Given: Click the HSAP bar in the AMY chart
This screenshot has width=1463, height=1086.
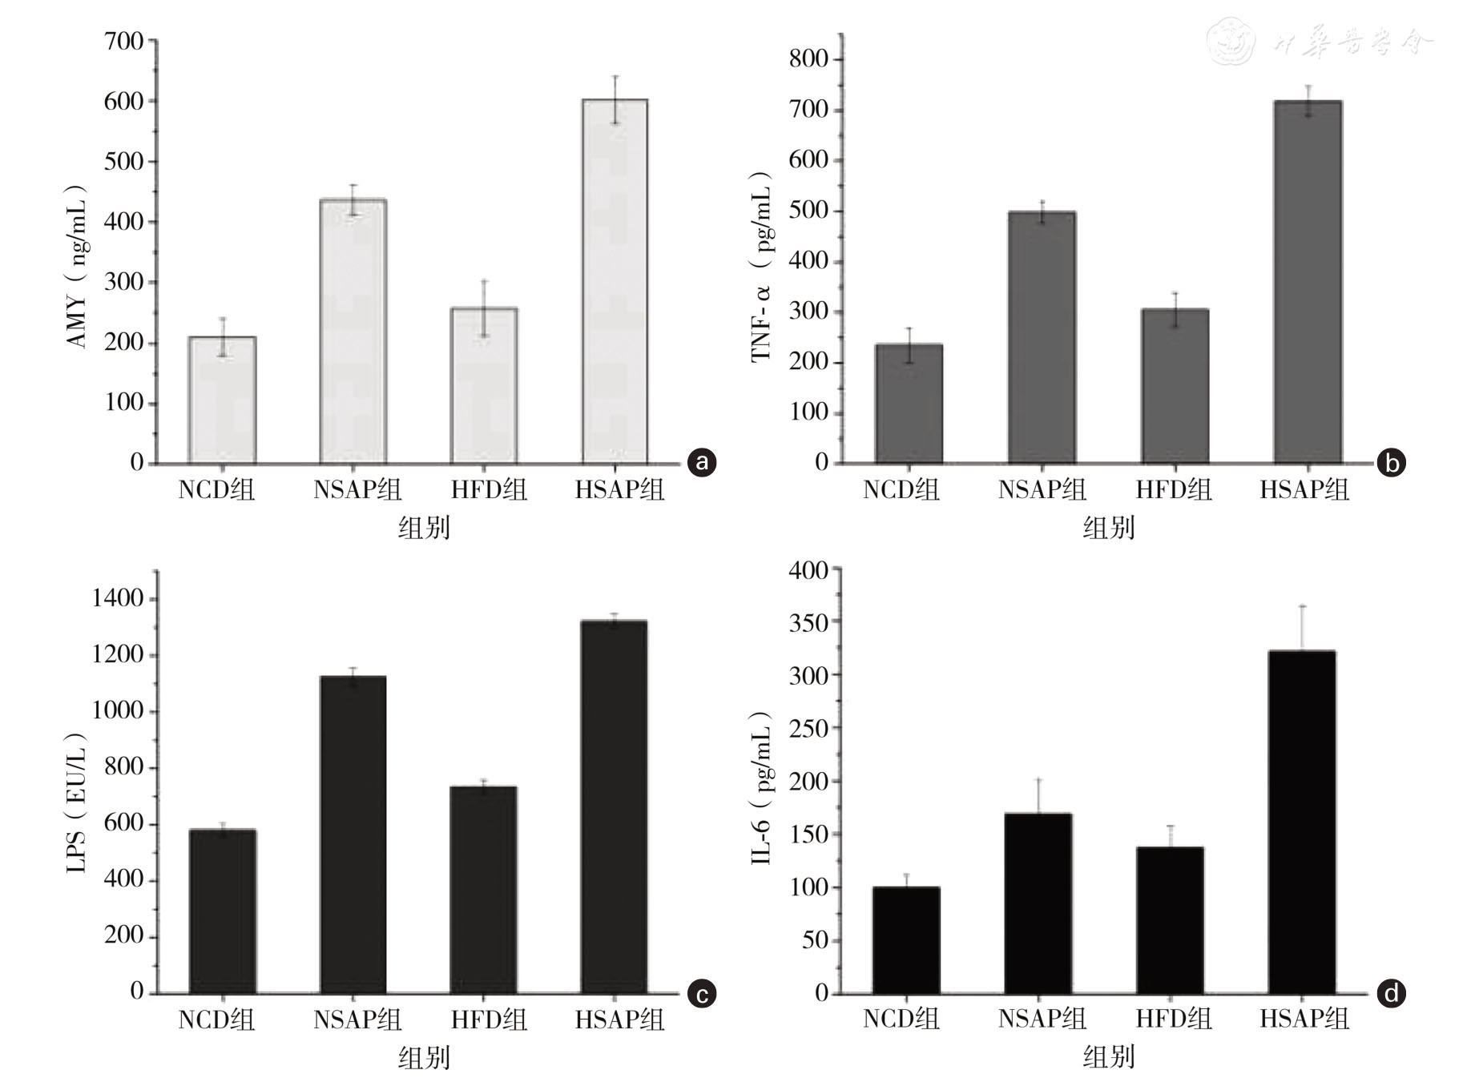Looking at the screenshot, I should pos(615,280).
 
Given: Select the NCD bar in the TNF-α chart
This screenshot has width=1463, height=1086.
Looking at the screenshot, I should pos(909,404).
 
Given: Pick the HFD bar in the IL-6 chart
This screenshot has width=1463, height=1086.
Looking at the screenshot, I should pos(1170,920).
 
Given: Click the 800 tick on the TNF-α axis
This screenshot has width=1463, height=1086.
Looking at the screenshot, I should pos(808,59).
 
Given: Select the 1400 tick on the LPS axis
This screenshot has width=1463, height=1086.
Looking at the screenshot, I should pos(118,598).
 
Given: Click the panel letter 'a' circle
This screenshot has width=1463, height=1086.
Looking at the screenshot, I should pos(702,462).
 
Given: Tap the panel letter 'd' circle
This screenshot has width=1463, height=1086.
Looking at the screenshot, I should pos(1391,993).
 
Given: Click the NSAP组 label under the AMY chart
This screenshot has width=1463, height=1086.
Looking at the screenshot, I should pos(357,489).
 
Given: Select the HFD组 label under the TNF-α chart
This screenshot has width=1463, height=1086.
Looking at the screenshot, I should pos(1174,489).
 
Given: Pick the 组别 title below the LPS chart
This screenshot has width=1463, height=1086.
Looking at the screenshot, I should pos(424,1058).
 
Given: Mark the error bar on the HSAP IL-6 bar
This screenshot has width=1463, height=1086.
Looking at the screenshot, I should pos(1302,629).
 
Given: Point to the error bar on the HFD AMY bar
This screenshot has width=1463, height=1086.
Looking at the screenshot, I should pos(484,308).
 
